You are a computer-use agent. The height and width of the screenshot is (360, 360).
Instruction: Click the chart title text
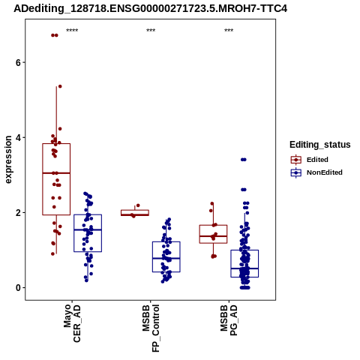coord(151,9)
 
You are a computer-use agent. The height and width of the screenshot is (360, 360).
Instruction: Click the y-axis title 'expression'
coord(8,160)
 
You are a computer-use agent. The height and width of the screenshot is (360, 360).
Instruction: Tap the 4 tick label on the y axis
coord(18,137)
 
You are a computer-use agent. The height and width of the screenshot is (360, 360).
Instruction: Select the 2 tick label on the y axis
coord(18,212)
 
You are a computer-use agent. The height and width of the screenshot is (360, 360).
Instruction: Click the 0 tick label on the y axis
coord(18,287)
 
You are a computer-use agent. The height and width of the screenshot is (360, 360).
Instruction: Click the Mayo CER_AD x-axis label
coord(72,323)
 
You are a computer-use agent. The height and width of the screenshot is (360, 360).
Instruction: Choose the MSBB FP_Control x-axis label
coord(151,328)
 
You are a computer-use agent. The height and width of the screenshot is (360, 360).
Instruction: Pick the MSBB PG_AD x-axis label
coord(229,320)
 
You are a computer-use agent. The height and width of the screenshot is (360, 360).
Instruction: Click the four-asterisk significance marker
coord(72,31)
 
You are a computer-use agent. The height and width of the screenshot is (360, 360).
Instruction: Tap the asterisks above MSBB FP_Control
coord(151,31)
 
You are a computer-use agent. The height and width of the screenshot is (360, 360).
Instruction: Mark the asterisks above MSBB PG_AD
coord(229,31)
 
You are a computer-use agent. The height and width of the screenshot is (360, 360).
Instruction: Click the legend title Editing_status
coord(320,145)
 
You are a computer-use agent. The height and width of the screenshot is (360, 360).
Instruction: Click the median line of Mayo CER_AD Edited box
coord(56,173)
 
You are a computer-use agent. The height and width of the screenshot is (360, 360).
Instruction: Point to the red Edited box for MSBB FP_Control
coord(135,213)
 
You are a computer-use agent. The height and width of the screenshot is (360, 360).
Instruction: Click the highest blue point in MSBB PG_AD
coord(244,160)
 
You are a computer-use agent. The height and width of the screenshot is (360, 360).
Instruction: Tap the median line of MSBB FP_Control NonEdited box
coord(166,258)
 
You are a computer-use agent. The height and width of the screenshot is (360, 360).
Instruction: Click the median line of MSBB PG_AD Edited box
coord(213,236)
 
